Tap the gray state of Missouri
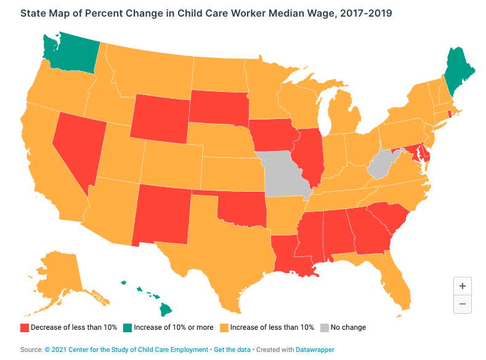point(285,173)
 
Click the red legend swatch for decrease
point(25,327)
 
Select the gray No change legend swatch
point(323,327)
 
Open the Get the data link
point(232,350)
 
